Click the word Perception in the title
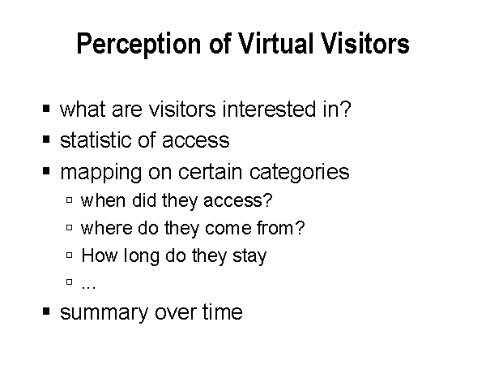click(139, 44)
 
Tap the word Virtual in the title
click(275, 43)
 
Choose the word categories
click(299, 173)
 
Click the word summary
click(104, 312)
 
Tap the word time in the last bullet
click(223, 311)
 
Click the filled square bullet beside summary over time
click(46, 311)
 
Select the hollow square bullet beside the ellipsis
click(70, 281)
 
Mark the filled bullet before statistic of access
click(46, 140)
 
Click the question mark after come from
click(300, 227)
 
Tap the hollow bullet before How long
click(70, 255)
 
